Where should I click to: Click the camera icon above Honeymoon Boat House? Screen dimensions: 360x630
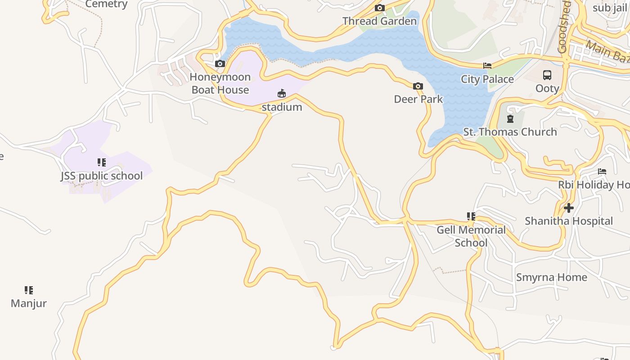click(220, 64)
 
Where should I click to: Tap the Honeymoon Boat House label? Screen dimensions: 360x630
click(220, 83)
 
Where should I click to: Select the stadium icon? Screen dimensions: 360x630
click(282, 94)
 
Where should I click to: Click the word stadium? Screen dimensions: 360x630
click(282, 107)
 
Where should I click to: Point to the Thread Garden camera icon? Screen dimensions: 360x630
click(380, 8)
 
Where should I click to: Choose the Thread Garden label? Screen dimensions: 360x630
click(379, 21)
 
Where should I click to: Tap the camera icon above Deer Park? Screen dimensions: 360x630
click(418, 86)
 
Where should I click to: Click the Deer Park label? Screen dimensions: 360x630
click(418, 99)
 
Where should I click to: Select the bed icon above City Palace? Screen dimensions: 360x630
click(487, 66)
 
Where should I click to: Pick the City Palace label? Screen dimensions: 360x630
click(487, 79)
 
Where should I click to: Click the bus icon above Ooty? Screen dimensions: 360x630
click(547, 75)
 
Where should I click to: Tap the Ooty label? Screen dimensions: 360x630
click(547, 88)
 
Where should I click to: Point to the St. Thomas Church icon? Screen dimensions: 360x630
click(510, 119)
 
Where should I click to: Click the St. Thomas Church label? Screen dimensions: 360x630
click(510, 132)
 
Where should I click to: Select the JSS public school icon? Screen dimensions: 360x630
click(102, 162)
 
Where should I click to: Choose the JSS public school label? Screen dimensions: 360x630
click(102, 176)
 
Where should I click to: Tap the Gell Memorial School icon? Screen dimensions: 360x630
click(471, 216)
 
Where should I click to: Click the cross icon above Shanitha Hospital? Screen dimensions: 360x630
click(569, 208)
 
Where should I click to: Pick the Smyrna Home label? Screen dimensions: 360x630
click(552, 277)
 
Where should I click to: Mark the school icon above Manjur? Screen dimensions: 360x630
click(29, 290)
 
